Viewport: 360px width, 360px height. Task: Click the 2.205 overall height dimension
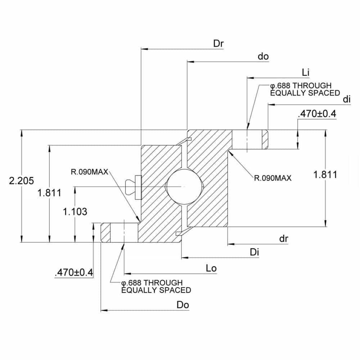coord(21,181)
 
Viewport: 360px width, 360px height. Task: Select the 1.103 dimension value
coord(75,212)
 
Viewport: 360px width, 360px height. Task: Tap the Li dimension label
coord(306,72)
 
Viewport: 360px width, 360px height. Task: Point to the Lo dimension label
coord(211,269)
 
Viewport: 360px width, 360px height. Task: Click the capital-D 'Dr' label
coord(219,44)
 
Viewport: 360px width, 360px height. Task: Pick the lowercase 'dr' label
coord(284,239)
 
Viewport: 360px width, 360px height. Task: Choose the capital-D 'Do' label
coord(183,305)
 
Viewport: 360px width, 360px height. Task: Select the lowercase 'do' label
coord(263,57)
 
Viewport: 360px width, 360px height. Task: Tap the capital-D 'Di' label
coord(255,252)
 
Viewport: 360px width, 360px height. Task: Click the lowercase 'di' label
coord(347,99)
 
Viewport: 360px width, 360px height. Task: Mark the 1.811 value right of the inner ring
coord(325,175)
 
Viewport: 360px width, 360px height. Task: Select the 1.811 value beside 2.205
coord(49,193)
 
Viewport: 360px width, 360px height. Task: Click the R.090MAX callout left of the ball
coord(89,172)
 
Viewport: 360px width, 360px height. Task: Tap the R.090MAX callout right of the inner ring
coord(273,177)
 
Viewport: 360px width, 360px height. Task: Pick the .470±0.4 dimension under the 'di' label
coord(317,114)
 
